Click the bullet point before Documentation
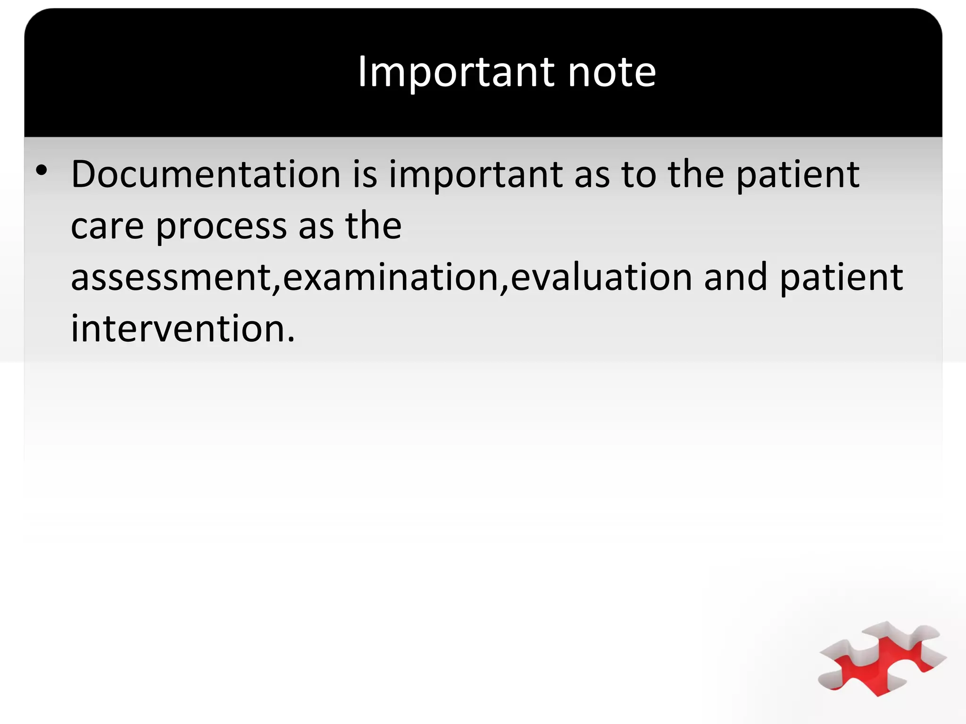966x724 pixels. [42, 171]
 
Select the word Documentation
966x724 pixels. [206, 174]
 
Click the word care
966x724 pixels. [107, 226]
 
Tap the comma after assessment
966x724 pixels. [276, 288]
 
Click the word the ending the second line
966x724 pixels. [373, 226]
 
